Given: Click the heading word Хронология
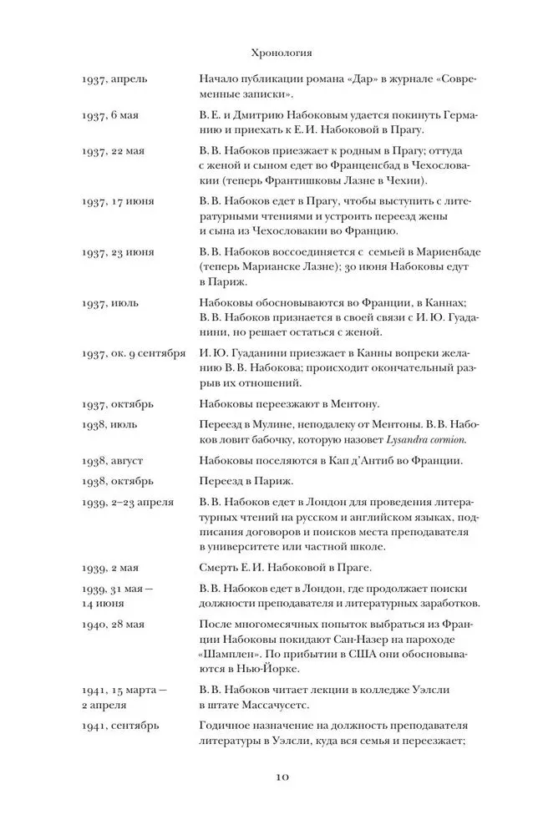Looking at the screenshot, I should click(x=282, y=53).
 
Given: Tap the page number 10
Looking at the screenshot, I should click(x=282, y=777).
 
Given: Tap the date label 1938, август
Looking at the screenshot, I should click(x=114, y=459).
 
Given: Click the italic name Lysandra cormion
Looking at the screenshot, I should click(x=421, y=439).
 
